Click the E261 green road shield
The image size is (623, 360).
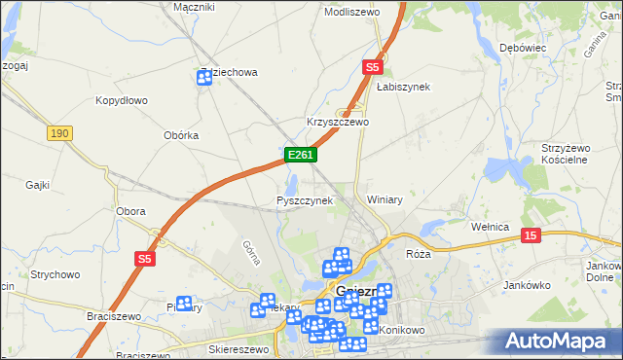(x=298, y=155)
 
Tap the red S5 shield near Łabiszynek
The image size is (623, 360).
(x=372, y=66)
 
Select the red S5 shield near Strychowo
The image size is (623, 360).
(x=145, y=259)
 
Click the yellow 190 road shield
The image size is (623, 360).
(x=59, y=133)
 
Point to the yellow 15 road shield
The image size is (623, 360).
(x=531, y=234)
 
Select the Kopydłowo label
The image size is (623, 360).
(x=122, y=100)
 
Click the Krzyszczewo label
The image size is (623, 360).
(x=338, y=123)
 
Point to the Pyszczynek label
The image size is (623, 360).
(x=305, y=200)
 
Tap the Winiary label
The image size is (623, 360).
(x=385, y=199)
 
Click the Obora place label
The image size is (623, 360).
(x=130, y=211)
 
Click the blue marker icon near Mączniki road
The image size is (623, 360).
(x=204, y=78)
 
